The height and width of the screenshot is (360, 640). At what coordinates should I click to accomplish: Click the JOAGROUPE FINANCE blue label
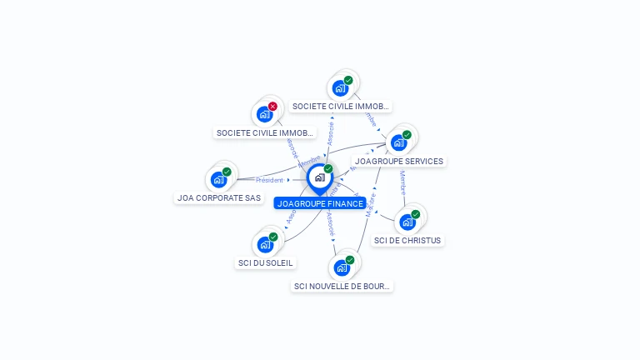pos(320,203)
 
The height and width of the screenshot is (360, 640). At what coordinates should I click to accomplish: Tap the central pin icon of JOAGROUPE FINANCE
pos(319,177)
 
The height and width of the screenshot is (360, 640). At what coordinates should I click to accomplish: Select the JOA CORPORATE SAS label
pos(219,198)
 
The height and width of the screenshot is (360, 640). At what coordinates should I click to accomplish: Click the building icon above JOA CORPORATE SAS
pos(218,179)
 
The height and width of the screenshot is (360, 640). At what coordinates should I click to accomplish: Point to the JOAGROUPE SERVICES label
pos(399,161)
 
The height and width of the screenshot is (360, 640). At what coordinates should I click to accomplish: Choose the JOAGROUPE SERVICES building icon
pos(398,142)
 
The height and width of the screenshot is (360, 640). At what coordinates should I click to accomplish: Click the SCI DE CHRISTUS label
pos(407,240)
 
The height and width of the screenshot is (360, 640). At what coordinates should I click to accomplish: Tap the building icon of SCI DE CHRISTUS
pos(407,222)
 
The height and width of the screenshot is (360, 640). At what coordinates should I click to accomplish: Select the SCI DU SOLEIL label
pos(266,263)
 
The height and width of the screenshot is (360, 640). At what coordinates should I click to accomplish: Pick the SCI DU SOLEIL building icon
pos(265,244)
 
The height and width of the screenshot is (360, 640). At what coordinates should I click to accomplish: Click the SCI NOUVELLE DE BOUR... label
pos(342,286)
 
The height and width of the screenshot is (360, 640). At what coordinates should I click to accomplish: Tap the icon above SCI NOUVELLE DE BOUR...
pos(342,267)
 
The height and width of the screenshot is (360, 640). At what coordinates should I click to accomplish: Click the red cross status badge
pos(272,107)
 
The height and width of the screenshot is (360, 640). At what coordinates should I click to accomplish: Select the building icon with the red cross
pos(265,114)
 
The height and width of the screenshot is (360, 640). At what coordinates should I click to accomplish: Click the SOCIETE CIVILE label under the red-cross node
pos(265,132)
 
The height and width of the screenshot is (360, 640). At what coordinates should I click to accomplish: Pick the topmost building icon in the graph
pos(340,87)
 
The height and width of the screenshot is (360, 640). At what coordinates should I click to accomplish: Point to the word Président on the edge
pos(270,180)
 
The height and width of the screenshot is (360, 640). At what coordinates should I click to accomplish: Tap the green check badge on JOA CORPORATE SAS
pos(227,172)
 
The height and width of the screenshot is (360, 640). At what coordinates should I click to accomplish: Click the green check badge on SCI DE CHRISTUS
pos(415,214)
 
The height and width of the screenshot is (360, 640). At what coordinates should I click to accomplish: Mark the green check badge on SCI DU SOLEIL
pos(273,237)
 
